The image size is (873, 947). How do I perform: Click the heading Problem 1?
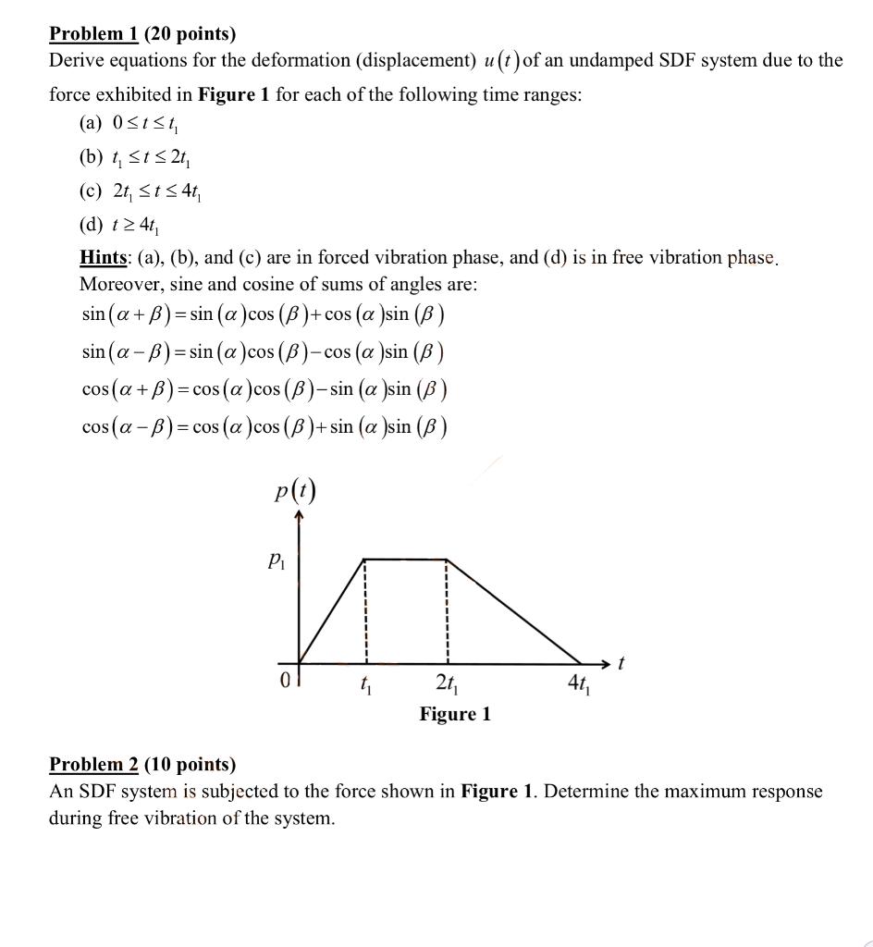(93, 34)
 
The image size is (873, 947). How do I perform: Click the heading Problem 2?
(93, 764)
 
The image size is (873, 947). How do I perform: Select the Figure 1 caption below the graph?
(455, 714)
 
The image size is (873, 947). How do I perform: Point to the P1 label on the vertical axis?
(276, 560)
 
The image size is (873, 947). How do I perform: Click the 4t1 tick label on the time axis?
(580, 685)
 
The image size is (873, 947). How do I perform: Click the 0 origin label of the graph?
(285, 682)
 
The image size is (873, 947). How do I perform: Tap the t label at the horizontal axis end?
(621, 663)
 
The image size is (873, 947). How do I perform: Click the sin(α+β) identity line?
(264, 314)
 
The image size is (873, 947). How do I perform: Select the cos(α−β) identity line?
(264, 427)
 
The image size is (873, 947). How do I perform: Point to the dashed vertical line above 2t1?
(448, 610)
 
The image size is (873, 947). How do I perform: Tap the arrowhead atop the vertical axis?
(297, 519)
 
